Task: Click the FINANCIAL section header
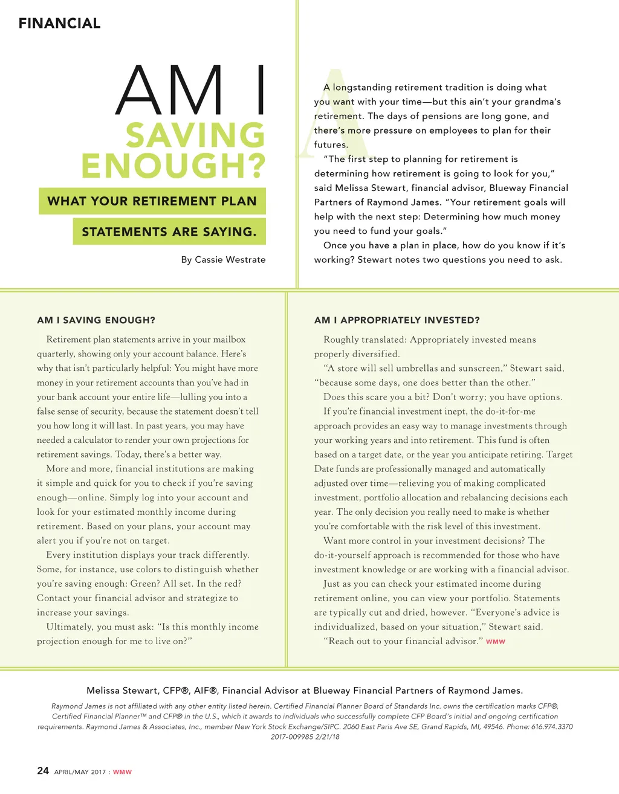coord(59,24)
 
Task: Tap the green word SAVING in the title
coord(195,135)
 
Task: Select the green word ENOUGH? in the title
coord(173,166)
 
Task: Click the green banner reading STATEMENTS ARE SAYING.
coord(169,232)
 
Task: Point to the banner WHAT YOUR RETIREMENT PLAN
coord(152,201)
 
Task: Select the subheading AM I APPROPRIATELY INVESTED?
coord(397,320)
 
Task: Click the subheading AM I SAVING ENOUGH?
coord(96,320)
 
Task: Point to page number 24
coord(43,770)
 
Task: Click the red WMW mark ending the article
coord(496,642)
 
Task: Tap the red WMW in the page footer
coord(122,772)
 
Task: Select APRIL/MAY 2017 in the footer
coord(80,772)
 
